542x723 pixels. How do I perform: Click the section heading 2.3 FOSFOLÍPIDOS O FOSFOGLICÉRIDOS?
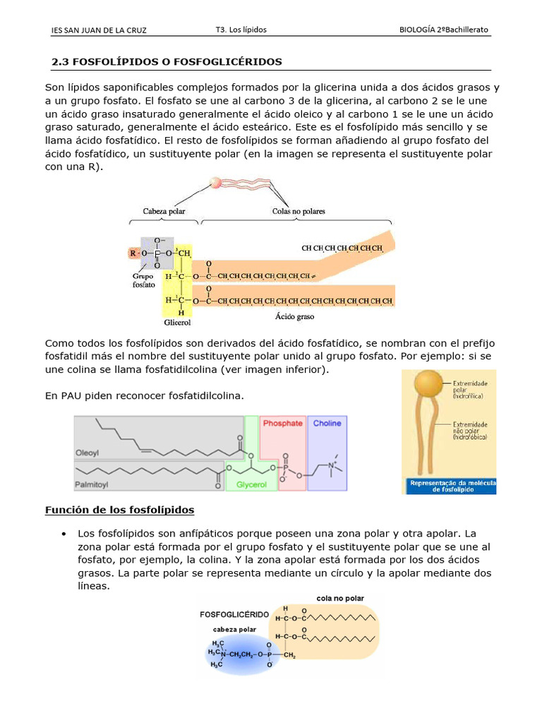pyautogui.click(x=167, y=62)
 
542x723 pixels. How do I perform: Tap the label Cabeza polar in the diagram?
pyautogui.click(x=164, y=211)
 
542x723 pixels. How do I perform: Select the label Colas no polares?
pyautogui.click(x=299, y=211)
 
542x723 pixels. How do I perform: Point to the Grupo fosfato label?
pyautogui.click(x=143, y=281)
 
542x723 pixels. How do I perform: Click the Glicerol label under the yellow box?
pyautogui.click(x=178, y=323)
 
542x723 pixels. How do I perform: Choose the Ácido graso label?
pyautogui.click(x=294, y=317)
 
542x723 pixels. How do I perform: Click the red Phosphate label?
pyautogui.click(x=282, y=424)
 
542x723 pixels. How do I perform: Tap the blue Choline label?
pyautogui.click(x=327, y=424)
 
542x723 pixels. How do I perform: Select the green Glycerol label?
pyautogui.click(x=251, y=485)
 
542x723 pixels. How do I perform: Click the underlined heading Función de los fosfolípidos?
pyautogui.click(x=119, y=510)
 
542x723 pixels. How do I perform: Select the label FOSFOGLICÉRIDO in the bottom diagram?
pyautogui.click(x=235, y=614)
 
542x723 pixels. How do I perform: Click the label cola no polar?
pyautogui.click(x=339, y=598)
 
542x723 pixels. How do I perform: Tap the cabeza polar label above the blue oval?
pyautogui.click(x=234, y=628)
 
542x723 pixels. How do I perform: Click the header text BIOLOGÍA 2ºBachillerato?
pyautogui.click(x=443, y=30)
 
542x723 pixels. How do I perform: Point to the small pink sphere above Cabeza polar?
pyautogui.click(x=217, y=182)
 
